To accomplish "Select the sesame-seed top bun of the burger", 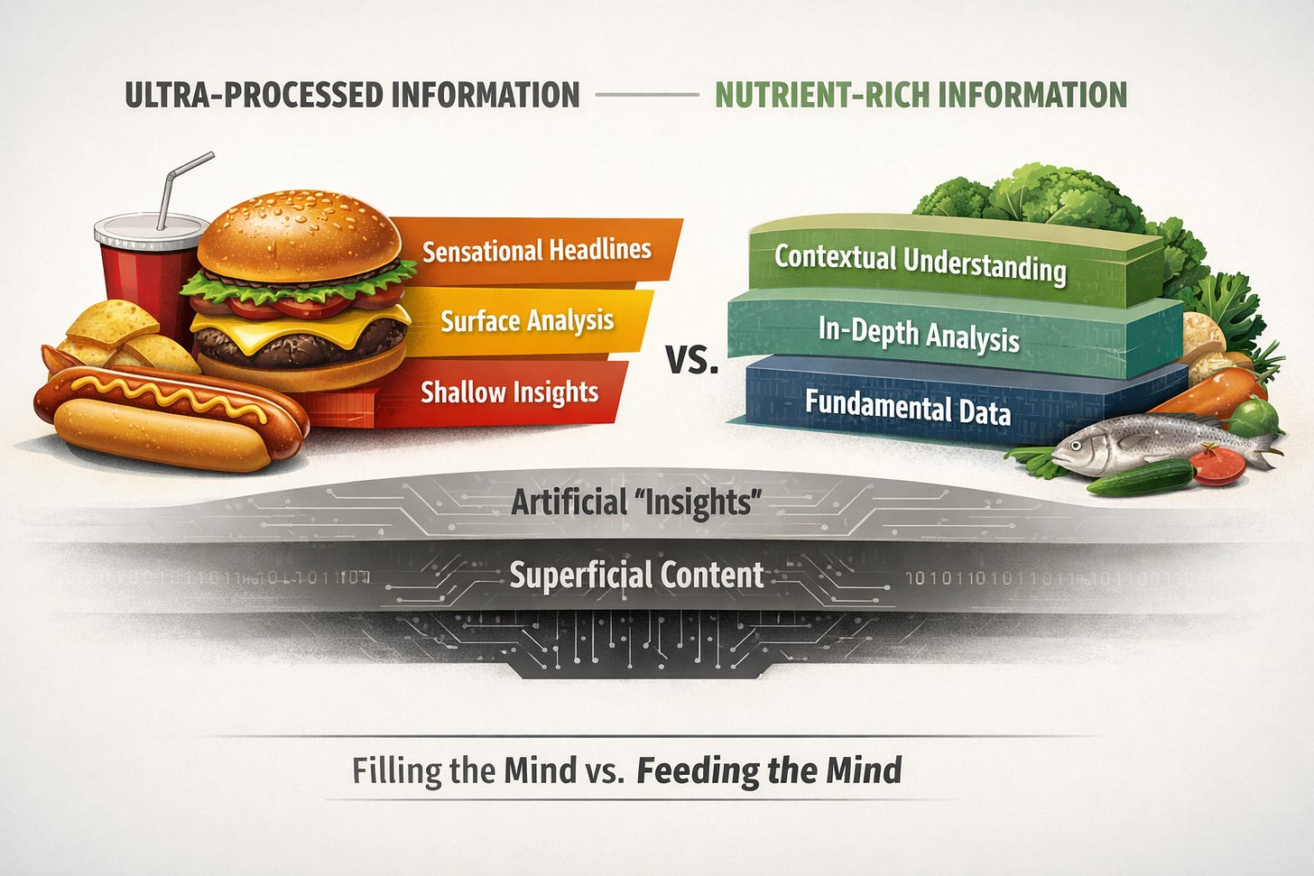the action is (x=300, y=235).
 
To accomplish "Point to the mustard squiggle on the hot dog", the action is (x=170, y=396).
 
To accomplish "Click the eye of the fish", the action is (x=1075, y=445).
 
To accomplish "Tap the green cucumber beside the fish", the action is (x=1141, y=478).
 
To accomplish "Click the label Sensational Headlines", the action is (x=537, y=251).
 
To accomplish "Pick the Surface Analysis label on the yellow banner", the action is (x=527, y=321).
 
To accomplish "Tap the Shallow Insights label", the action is (x=509, y=392).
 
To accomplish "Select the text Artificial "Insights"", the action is (x=636, y=503).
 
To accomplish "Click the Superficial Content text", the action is (x=636, y=574).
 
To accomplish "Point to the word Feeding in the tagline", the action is (x=699, y=770).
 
